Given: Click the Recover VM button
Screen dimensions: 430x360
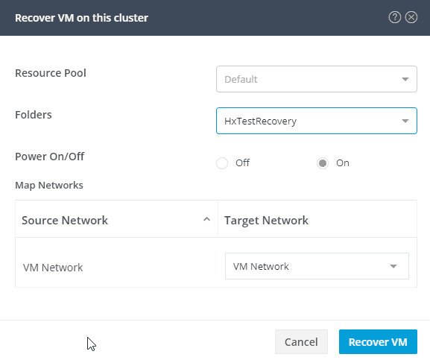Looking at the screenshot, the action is click(x=378, y=341).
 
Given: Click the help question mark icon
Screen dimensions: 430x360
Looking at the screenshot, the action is click(x=395, y=18).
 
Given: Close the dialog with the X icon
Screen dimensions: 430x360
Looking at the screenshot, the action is click(x=411, y=18).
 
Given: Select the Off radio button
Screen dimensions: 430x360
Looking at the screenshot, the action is click(x=222, y=163).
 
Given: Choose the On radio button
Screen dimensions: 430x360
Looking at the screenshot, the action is click(x=323, y=163).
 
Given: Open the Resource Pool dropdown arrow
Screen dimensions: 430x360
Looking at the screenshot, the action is click(x=405, y=79).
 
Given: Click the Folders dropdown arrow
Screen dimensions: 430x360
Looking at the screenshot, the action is click(x=405, y=121).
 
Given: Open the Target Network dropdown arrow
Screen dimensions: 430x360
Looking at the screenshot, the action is click(x=393, y=266).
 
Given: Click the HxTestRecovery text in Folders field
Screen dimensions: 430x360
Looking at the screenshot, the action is click(x=260, y=121).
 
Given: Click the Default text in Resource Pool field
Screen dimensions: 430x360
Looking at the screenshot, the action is click(x=241, y=79).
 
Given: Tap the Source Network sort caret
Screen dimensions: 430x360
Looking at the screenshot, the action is click(x=206, y=219).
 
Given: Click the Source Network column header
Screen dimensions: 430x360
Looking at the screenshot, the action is click(x=65, y=220).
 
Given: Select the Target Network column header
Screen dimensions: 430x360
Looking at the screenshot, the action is click(x=266, y=221).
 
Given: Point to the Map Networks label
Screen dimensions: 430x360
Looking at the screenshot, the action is click(x=49, y=185).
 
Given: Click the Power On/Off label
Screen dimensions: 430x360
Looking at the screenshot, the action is click(x=50, y=157).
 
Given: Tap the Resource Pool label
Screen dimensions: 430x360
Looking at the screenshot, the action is click(x=51, y=73).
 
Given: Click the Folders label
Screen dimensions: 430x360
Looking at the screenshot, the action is click(x=34, y=115).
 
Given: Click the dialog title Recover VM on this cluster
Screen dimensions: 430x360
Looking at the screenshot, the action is click(x=81, y=18).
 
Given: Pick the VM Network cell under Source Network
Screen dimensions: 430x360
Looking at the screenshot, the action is click(x=53, y=268).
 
